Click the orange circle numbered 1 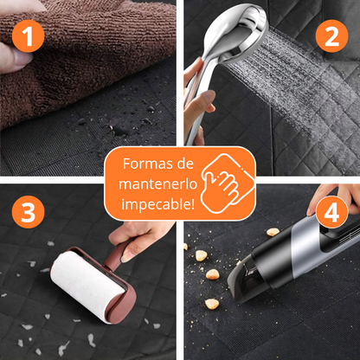[28, 36]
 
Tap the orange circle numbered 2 [331, 36]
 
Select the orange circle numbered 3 [28, 212]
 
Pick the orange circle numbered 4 [331, 212]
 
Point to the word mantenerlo [158, 184]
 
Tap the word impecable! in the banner [157, 204]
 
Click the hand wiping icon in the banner [227, 183]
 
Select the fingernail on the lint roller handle [126, 257]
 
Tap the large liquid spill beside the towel [119, 128]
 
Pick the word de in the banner [185, 164]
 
